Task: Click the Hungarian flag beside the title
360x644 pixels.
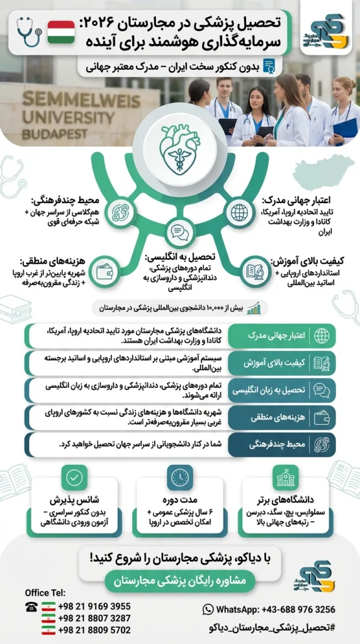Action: (x=61, y=32)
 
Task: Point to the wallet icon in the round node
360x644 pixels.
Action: (x=104, y=272)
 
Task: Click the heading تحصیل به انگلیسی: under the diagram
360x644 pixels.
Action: (x=180, y=257)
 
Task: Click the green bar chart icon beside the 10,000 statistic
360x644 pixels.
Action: (x=254, y=308)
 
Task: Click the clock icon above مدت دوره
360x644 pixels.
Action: (x=180, y=478)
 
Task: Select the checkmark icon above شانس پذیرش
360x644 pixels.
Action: (x=75, y=478)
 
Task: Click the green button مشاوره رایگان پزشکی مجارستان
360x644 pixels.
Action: (x=180, y=582)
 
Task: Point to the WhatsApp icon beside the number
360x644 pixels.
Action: (x=208, y=609)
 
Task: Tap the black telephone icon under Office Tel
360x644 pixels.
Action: (x=31, y=606)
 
